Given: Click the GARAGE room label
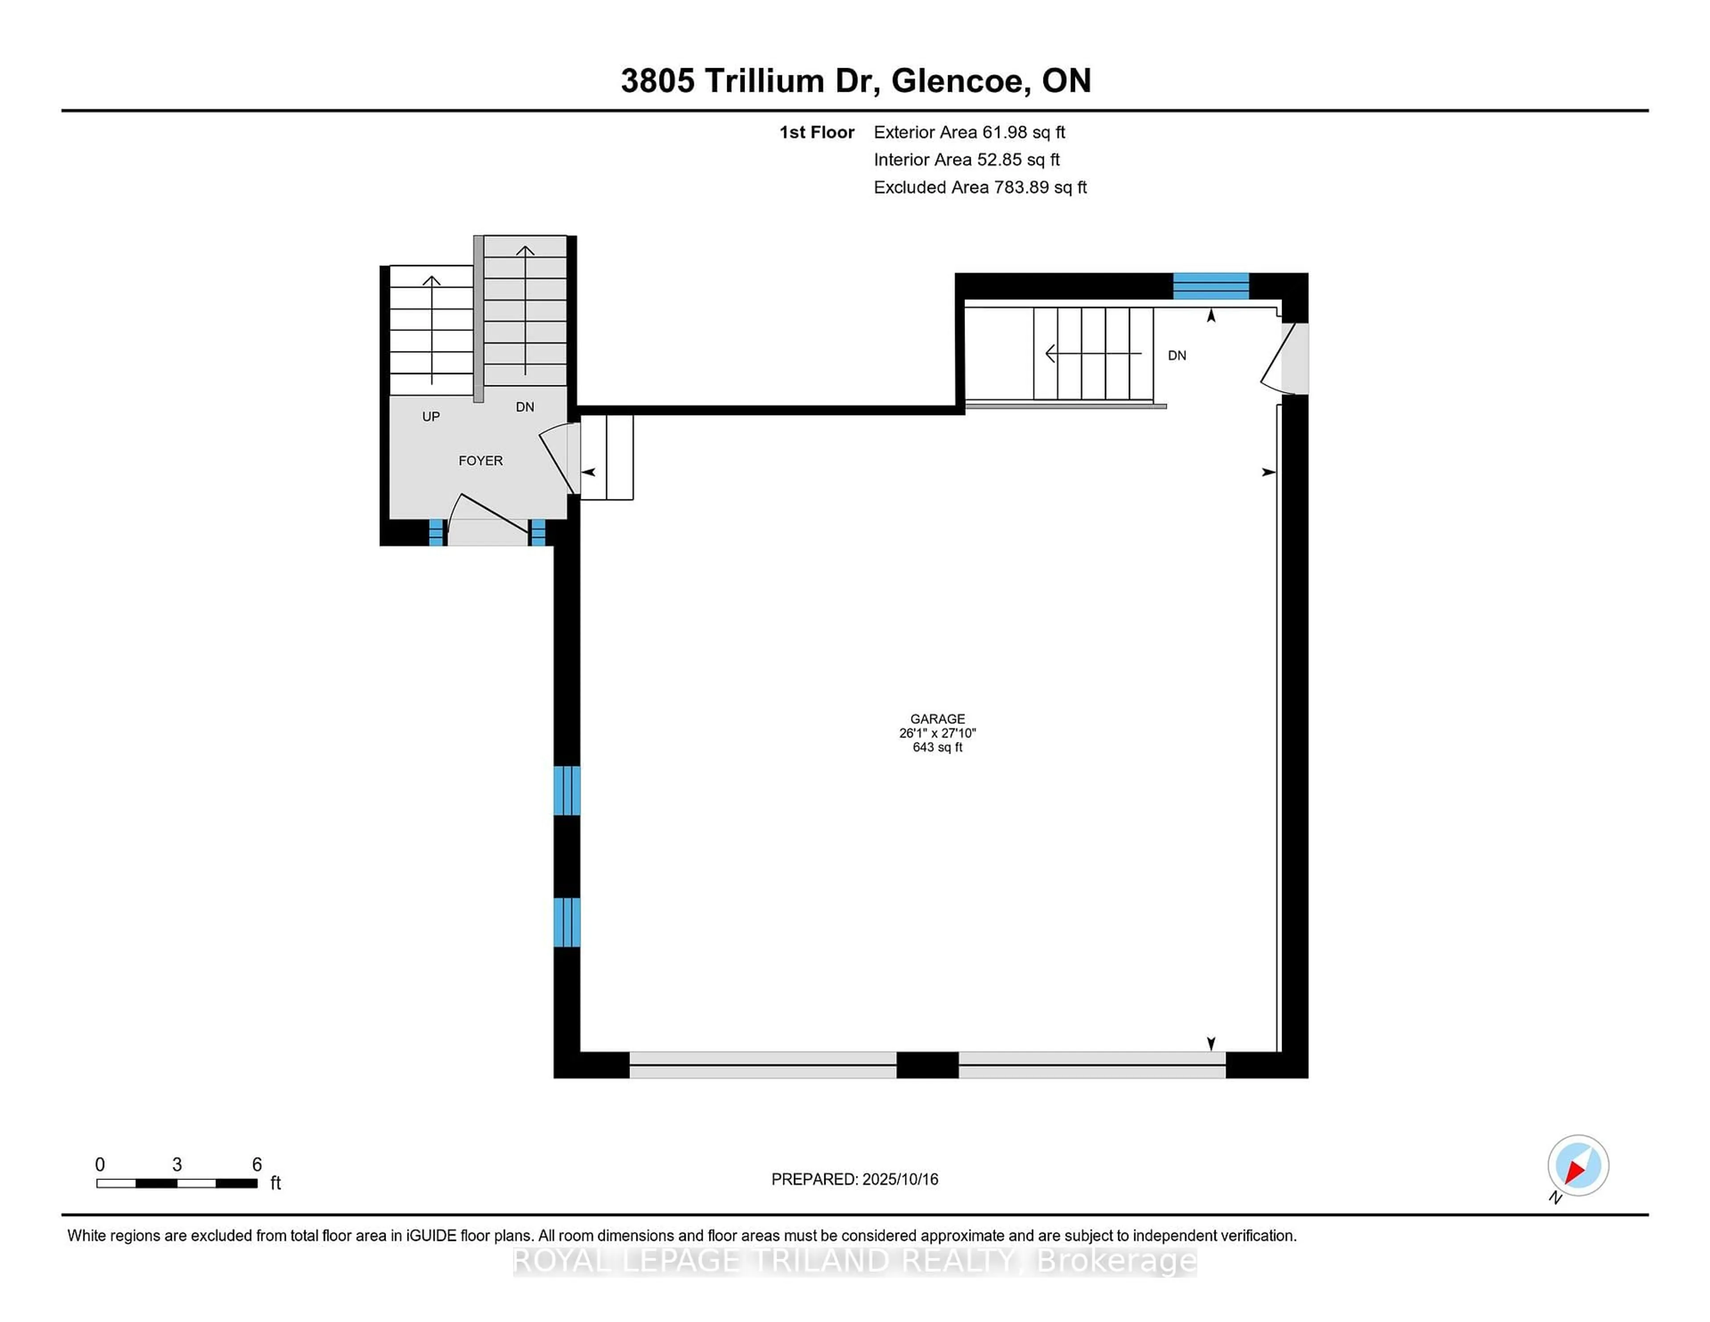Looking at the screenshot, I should (937, 718).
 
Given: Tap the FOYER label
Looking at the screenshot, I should (480, 461).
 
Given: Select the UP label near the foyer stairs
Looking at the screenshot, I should (431, 416).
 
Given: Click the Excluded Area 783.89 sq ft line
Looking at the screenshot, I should (980, 187).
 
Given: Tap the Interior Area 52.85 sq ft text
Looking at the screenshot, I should (966, 160).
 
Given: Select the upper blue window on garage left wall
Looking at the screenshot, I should (567, 790).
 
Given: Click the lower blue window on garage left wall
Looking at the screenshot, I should (567, 922).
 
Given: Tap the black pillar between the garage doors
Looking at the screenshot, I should (927, 1065).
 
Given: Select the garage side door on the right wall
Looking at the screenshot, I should (1286, 359).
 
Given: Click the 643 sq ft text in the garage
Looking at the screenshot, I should (937, 747).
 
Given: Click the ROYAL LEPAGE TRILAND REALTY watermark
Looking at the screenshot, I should (854, 1261).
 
